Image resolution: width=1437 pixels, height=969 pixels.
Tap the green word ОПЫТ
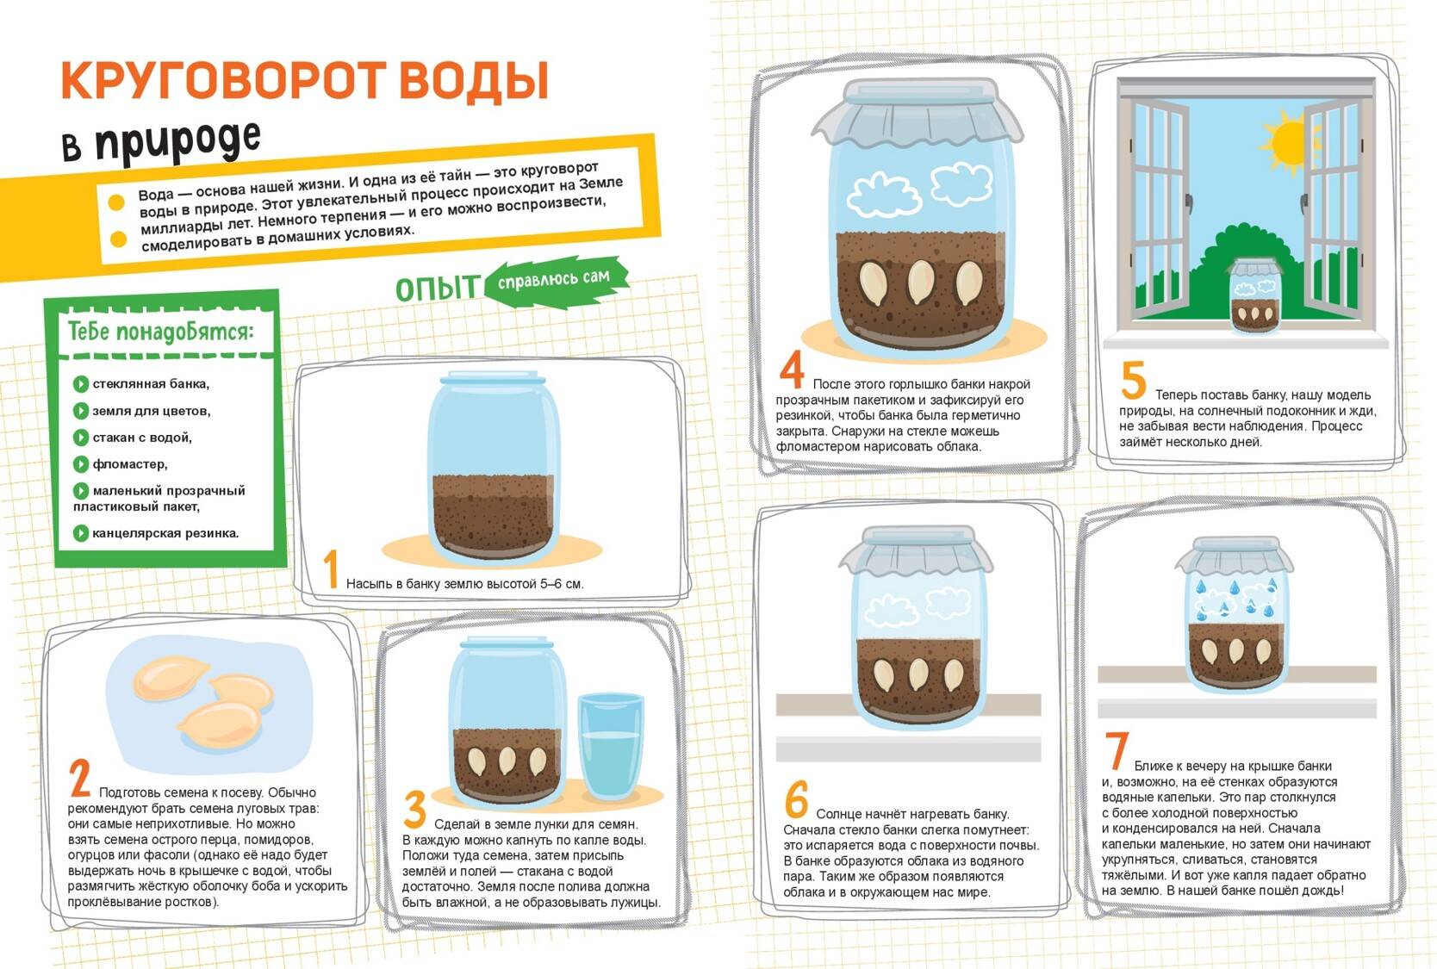pyautogui.click(x=438, y=288)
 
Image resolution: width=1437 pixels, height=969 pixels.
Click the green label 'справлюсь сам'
pyautogui.click(x=554, y=280)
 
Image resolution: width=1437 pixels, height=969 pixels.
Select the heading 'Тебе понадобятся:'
pyautogui.click(x=161, y=332)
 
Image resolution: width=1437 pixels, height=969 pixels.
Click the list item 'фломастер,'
pyautogui.click(x=129, y=463)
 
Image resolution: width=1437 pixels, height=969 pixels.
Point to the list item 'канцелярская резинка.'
pyautogui.click(x=165, y=533)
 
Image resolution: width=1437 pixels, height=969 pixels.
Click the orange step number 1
pyautogui.click(x=330, y=568)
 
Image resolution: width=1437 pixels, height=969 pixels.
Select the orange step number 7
pyautogui.click(x=1117, y=750)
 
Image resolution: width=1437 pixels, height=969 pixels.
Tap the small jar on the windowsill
pyautogui.click(x=1253, y=295)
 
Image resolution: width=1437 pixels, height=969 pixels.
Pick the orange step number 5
pyautogui.click(x=1133, y=380)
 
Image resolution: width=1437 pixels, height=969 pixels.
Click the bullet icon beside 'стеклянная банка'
pyautogui.click(x=81, y=384)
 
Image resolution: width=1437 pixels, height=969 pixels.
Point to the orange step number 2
pyautogui.click(x=80, y=778)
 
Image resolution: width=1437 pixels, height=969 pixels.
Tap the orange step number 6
pyautogui.click(x=796, y=799)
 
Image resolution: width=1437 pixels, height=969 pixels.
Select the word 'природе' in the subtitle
pyautogui.click(x=177, y=140)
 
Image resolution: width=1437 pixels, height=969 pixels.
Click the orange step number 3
pyautogui.click(x=415, y=810)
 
